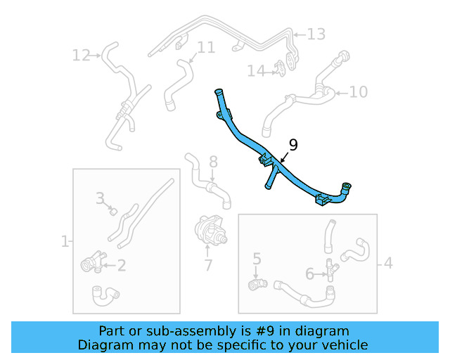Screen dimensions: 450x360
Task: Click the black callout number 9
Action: (293, 146)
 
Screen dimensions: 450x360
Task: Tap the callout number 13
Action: (316, 34)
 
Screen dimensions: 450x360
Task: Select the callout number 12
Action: (82, 56)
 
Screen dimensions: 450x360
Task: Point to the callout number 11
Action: (206, 47)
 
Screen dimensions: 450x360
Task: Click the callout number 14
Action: (256, 71)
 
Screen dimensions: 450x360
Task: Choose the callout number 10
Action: (359, 92)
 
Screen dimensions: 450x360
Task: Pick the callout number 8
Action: (213, 162)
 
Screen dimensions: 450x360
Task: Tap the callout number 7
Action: (208, 265)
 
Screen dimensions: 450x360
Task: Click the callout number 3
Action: (100, 198)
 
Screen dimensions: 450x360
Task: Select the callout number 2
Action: (122, 266)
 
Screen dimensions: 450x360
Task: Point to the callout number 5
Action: (257, 259)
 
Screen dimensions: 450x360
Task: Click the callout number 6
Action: (309, 274)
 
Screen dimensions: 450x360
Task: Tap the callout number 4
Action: (388, 263)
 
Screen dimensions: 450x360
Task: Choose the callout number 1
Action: (65, 241)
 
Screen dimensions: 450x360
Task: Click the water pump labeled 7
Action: (211, 230)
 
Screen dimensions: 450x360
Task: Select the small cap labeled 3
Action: (114, 212)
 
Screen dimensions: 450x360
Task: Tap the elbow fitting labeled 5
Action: (257, 284)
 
